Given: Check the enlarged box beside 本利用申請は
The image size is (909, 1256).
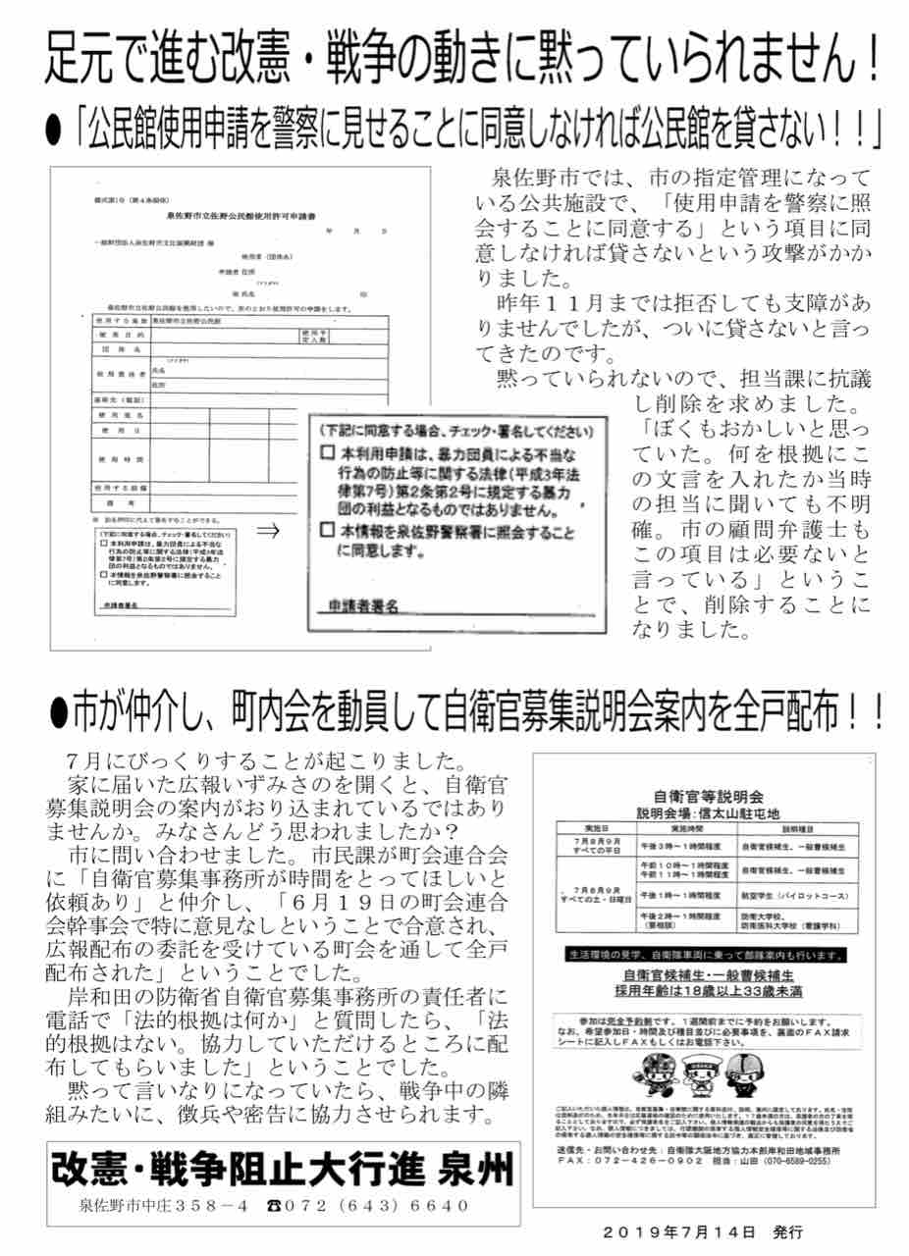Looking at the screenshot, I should tap(328, 455).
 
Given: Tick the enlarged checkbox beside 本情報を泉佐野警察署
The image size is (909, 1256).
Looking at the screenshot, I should tap(328, 530).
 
